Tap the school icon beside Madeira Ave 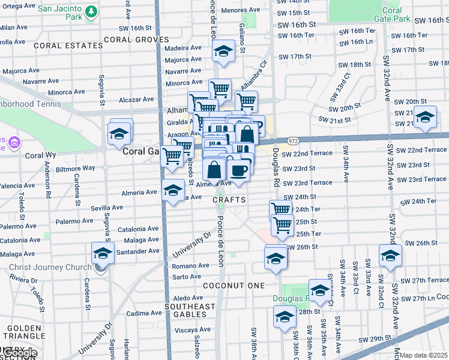coord(223,52)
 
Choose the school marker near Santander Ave coord(103,254)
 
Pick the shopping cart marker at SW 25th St coord(282,225)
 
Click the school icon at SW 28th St coord(285,317)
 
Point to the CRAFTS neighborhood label coord(229,199)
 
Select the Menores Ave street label coord(240,10)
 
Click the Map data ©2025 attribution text coord(424,355)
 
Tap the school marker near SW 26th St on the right coord(390,256)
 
